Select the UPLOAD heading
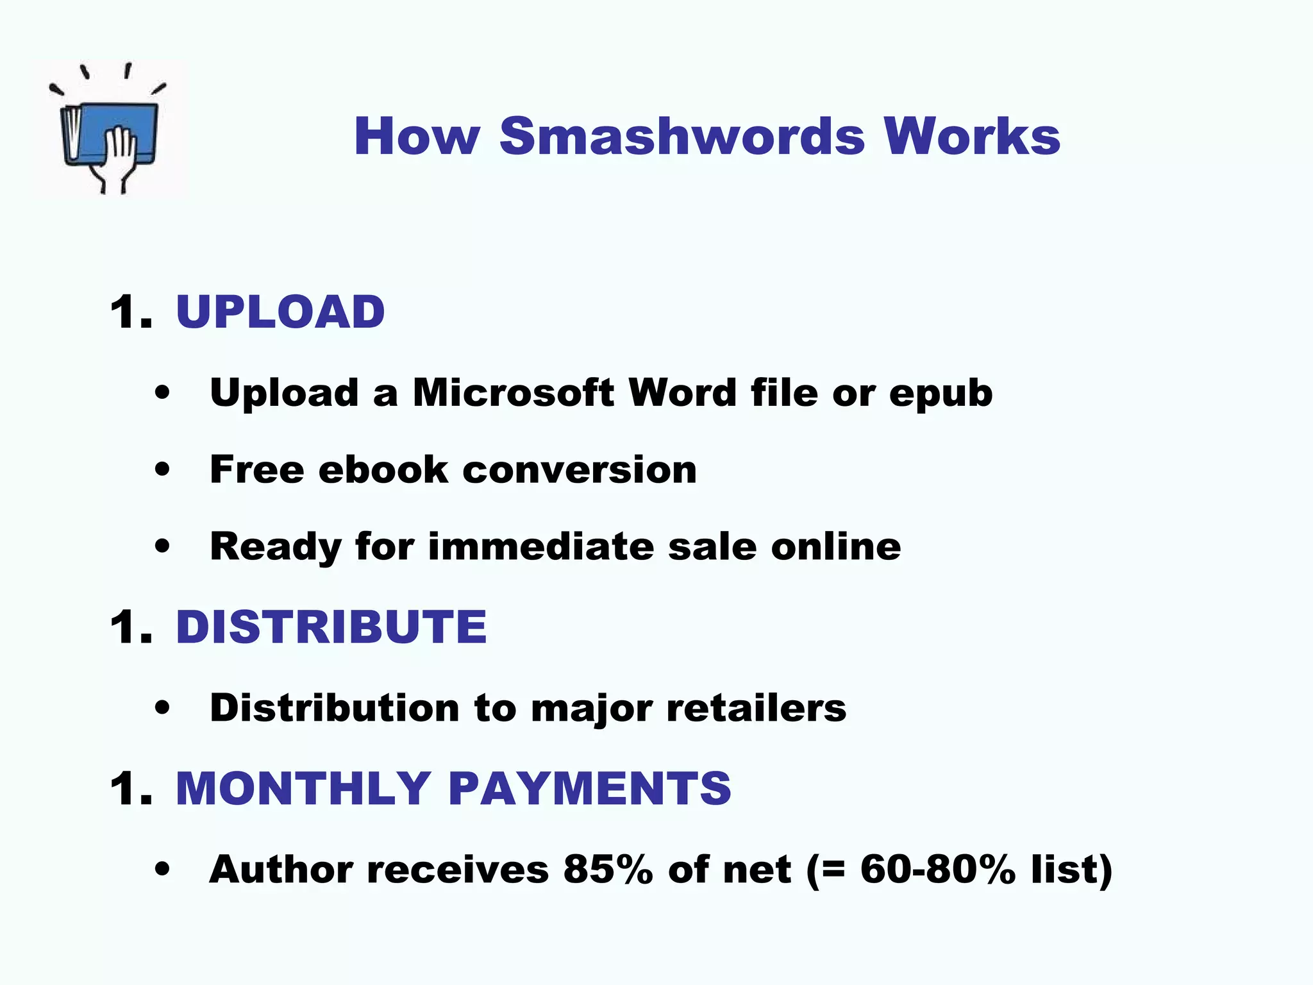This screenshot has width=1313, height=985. (x=280, y=312)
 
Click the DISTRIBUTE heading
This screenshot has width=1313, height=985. (x=331, y=627)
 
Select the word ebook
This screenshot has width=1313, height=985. (x=383, y=469)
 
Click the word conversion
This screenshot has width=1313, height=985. (x=579, y=469)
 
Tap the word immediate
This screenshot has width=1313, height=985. (x=540, y=546)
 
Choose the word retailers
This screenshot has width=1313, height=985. (x=756, y=708)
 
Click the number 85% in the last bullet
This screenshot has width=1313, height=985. (x=608, y=870)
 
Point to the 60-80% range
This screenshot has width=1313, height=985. (x=937, y=870)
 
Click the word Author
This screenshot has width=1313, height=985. (x=281, y=870)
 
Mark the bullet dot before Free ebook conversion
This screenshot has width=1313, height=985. (x=163, y=469)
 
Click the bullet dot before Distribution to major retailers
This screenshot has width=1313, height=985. (x=163, y=708)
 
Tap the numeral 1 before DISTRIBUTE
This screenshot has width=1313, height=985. (x=124, y=627)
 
